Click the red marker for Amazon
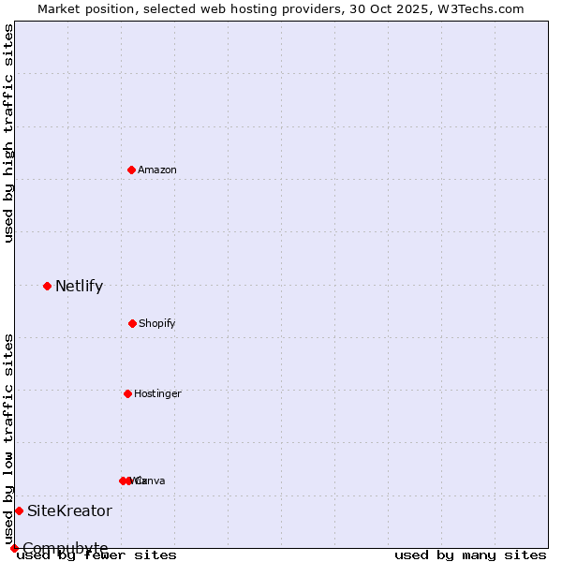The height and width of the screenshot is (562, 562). [131, 170]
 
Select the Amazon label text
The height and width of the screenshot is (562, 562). [157, 170]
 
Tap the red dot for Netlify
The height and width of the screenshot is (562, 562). [47, 286]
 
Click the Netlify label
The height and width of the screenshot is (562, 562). [79, 287]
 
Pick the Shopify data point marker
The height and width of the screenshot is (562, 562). [132, 323]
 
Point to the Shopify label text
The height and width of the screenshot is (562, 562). [157, 324]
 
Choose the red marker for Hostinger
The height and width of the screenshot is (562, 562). [127, 393]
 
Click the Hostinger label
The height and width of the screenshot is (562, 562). [157, 394]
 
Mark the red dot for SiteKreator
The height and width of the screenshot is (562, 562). [19, 510]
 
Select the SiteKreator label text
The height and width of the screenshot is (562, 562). [69, 511]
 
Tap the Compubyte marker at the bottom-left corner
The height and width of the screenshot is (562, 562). [14, 548]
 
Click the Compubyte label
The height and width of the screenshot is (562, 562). [66, 548]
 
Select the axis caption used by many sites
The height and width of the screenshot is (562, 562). [470, 555]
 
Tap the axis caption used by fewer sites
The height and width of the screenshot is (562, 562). [96, 555]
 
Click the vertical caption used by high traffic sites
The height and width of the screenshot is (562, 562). [8, 133]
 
